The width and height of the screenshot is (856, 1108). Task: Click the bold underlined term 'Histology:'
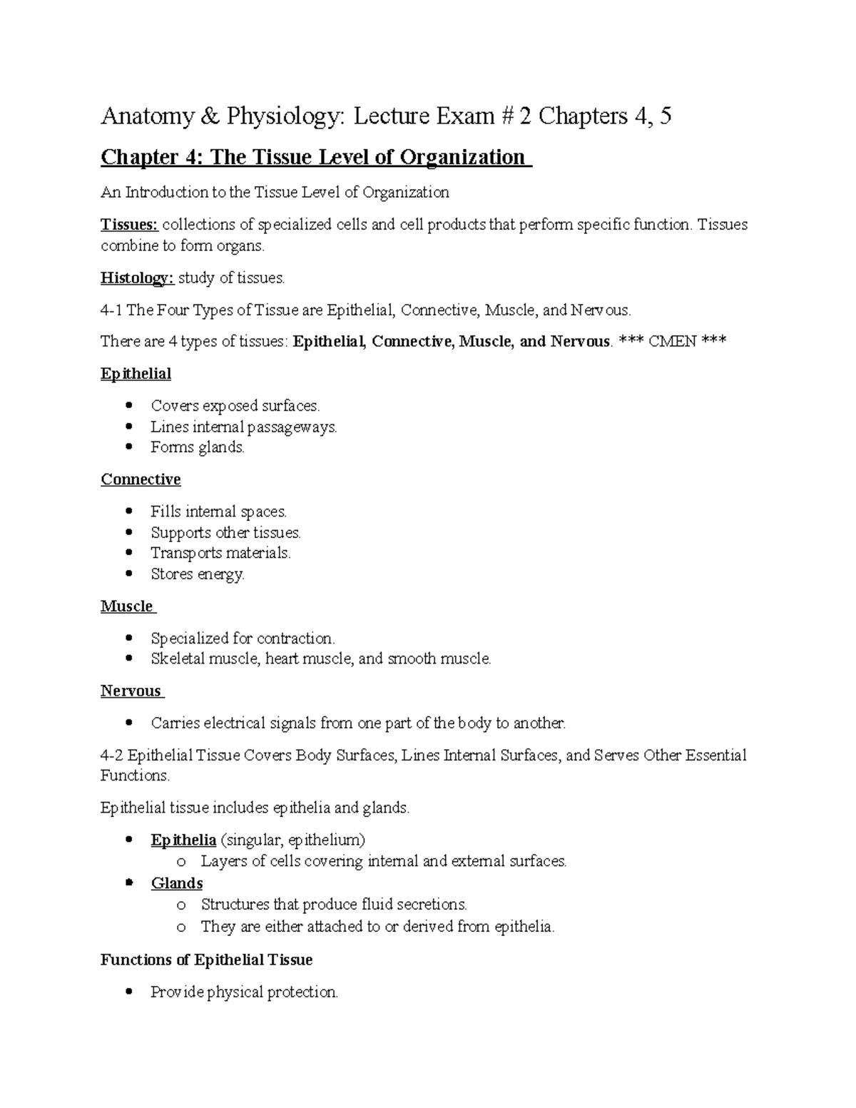(137, 278)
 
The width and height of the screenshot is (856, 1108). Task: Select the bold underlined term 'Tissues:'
(129, 225)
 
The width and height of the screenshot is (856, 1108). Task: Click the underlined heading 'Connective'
(141, 479)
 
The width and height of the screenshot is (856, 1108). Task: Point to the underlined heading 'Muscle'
(127, 606)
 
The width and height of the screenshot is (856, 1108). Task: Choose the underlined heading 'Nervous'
(131, 691)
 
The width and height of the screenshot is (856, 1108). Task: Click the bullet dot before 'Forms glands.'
(129, 447)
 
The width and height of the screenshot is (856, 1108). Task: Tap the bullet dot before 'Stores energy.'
(129, 574)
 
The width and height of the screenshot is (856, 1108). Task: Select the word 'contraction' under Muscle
(295, 638)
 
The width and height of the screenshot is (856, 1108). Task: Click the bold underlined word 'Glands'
(177, 883)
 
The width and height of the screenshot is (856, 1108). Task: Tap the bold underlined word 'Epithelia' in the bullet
(183, 840)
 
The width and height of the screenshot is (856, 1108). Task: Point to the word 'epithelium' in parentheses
(327, 840)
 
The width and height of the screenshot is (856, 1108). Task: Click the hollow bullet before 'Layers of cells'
(181, 862)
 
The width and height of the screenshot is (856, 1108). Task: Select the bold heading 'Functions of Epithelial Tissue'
(207, 960)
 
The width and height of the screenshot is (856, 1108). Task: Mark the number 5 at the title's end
(665, 116)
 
